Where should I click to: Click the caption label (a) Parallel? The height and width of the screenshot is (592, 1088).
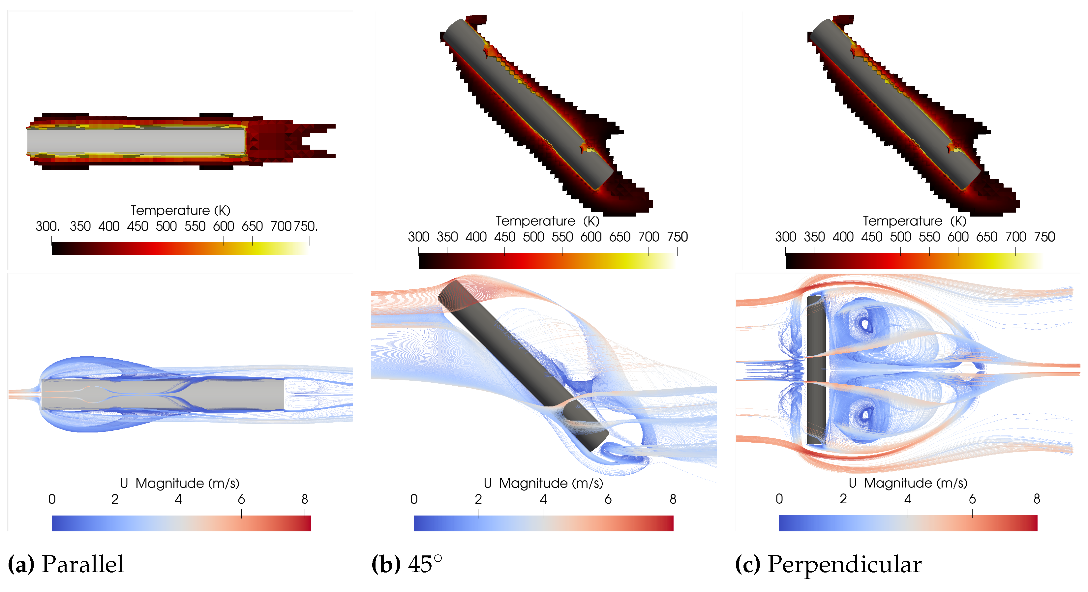tap(66, 564)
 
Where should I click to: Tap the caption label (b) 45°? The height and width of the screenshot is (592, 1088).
tap(407, 564)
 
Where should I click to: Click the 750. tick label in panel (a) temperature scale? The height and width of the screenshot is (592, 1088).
tap(305, 226)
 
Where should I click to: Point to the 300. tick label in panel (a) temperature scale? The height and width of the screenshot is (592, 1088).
tap(47, 226)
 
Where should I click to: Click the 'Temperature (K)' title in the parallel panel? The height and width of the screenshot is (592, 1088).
tap(180, 210)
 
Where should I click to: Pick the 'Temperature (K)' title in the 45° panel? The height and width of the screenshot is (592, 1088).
tap(547, 221)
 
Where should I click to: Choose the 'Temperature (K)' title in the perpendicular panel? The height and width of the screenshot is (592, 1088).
tap(914, 221)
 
